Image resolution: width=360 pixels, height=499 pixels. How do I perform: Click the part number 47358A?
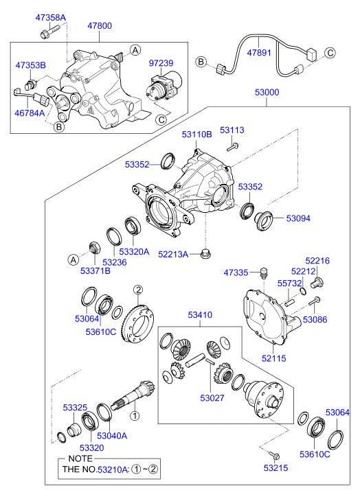click(x=52, y=16)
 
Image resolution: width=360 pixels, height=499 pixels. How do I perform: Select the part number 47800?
click(x=99, y=25)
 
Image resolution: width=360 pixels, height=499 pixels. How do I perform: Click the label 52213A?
click(x=172, y=255)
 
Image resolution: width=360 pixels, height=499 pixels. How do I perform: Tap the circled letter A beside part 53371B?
click(x=72, y=259)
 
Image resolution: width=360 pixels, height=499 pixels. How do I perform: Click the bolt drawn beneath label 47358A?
click(x=49, y=31)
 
